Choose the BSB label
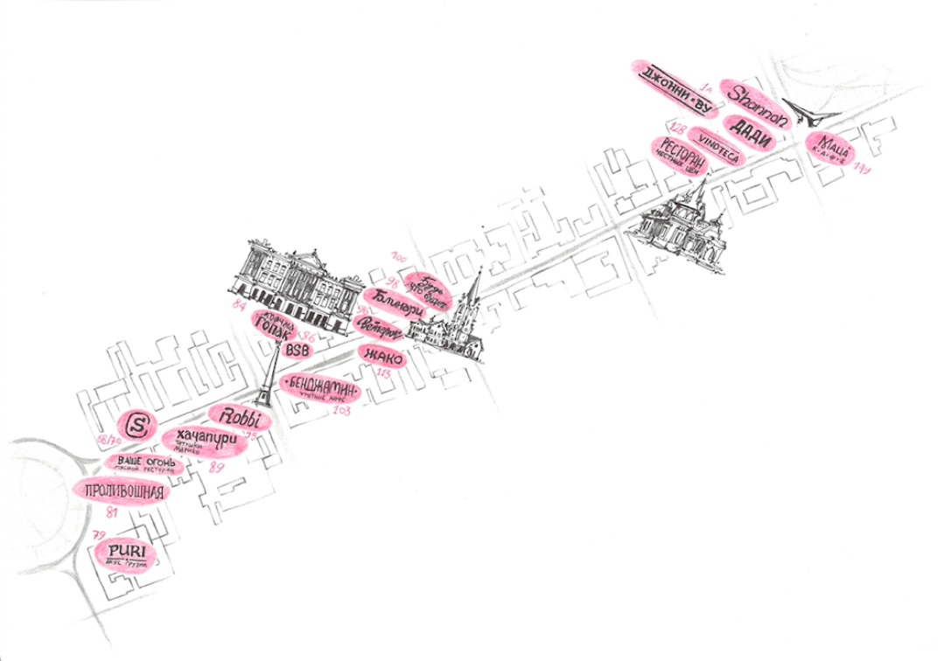point(298,350)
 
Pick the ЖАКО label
point(381,356)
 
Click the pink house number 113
point(383,373)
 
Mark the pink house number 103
point(342,409)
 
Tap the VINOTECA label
point(719,146)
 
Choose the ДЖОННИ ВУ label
point(677,85)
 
